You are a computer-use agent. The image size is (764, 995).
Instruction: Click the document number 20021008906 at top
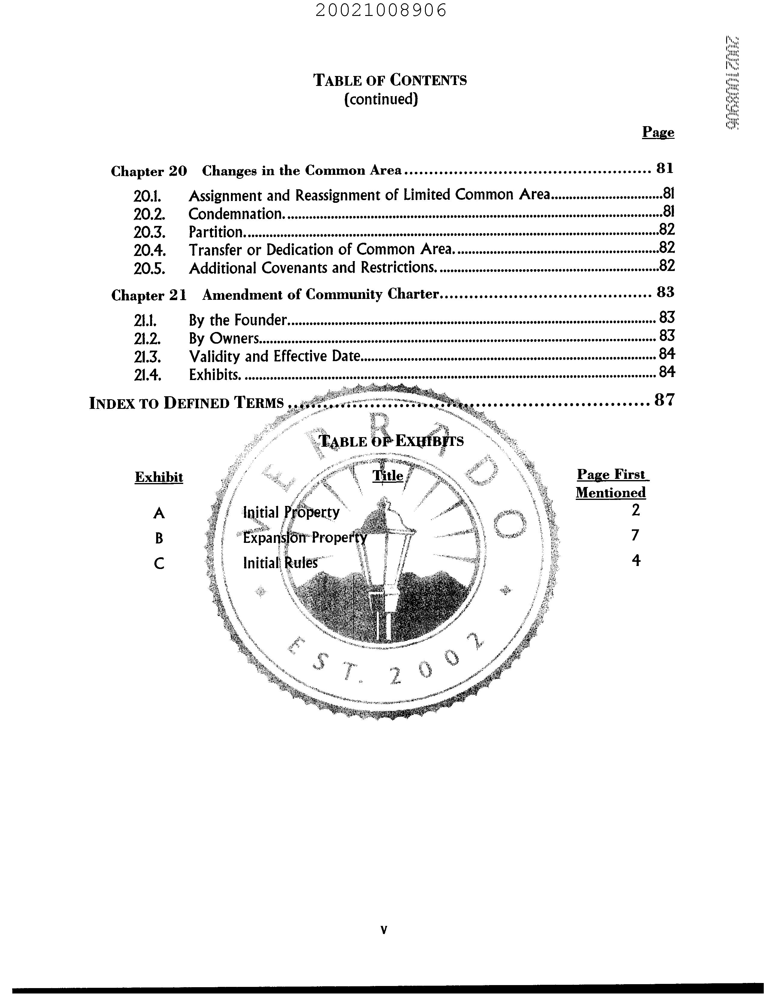coord(381,10)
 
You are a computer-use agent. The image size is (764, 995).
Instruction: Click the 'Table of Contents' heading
coord(390,80)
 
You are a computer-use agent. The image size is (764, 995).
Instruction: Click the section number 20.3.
coord(149,232)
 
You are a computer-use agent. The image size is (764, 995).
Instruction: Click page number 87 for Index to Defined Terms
coord(664,400)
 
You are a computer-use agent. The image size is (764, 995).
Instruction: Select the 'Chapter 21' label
coord(149,295)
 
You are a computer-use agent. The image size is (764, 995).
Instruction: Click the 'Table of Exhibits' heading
coord(391,441)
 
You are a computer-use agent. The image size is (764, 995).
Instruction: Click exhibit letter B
coord(159,539)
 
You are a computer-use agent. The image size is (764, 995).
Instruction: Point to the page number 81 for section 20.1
coord(668,194)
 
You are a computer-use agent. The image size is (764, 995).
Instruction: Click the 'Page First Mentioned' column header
coord(611,483)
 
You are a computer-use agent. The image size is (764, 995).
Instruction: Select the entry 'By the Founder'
coord(237,320)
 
